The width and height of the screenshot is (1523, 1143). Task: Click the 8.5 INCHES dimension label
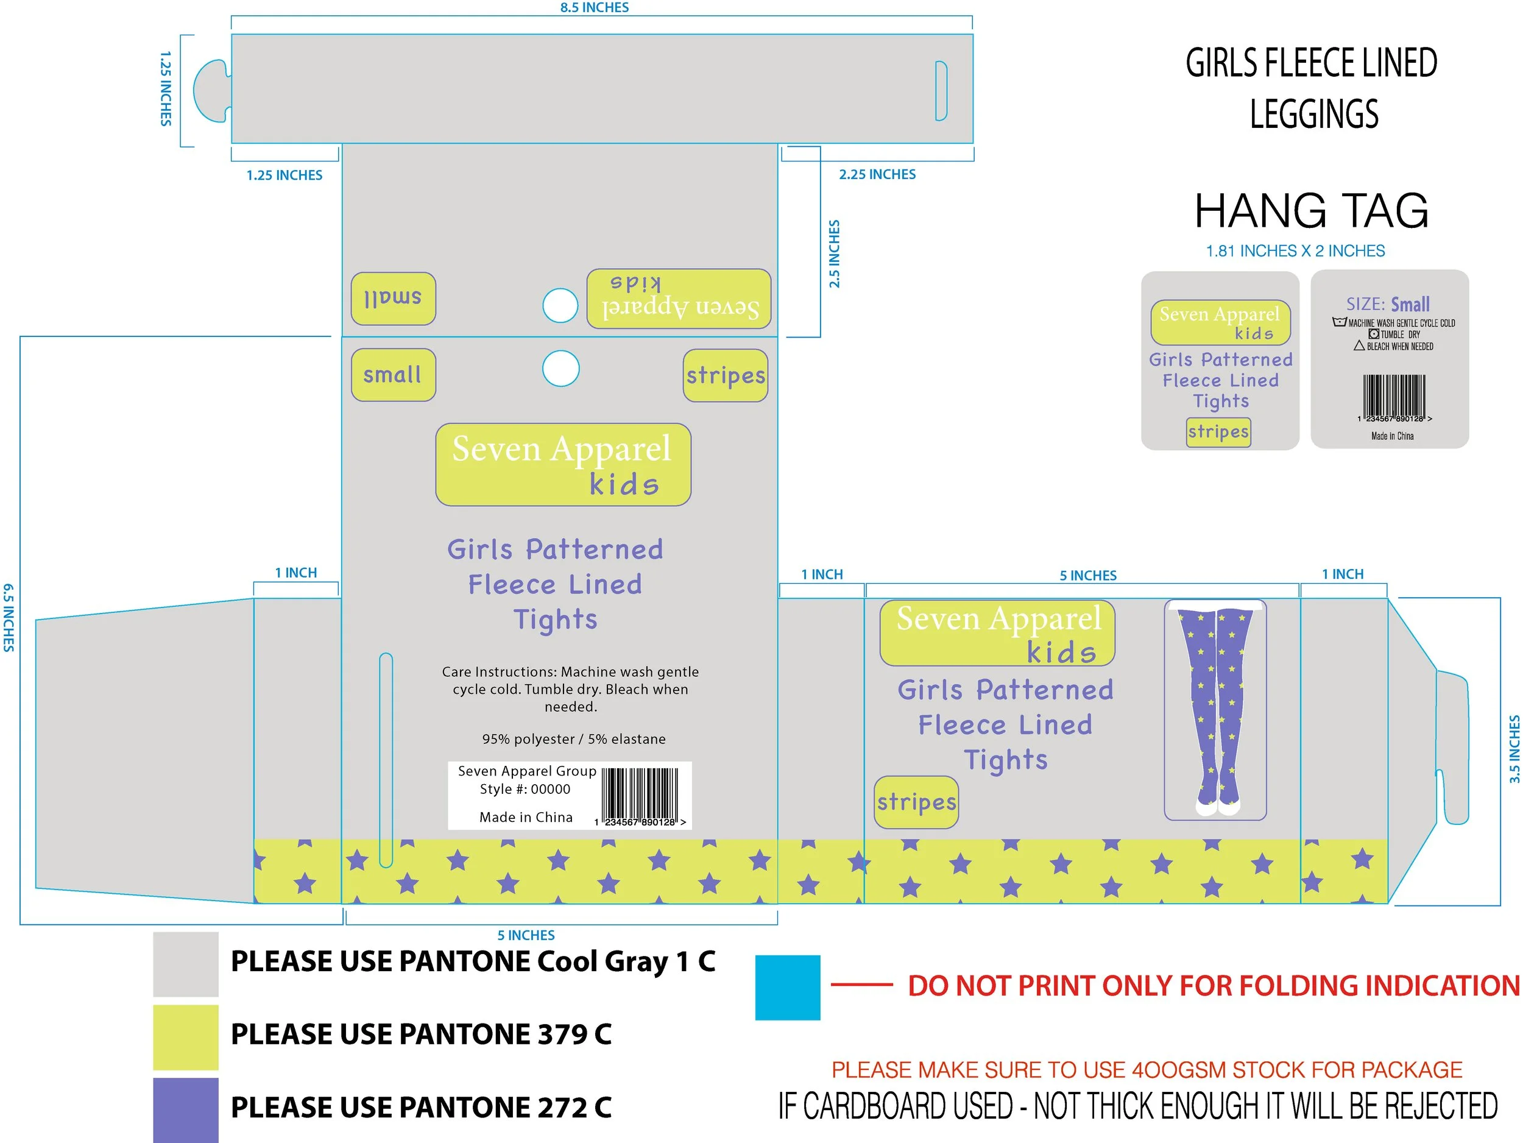click(594, 7)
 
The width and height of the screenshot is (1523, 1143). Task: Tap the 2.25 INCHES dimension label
click(877, 175)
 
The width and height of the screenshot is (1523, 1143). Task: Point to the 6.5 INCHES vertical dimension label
click(9, 618)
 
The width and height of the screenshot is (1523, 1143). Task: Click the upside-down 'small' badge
click(393, 299)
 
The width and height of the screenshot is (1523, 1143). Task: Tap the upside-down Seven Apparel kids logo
click(678, 298)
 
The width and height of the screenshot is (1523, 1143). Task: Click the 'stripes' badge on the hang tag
click(1218, 433)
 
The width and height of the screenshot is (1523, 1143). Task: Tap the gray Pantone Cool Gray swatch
click(185, 964)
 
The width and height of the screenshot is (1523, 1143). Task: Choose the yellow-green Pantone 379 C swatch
click(185, 1037)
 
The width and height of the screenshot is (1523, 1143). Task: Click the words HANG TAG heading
click(1311, 211)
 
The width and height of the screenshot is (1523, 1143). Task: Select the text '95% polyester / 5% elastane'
click(573, 740)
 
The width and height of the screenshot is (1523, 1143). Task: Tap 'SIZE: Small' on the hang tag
click(1388, 305)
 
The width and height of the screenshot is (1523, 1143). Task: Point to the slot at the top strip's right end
click(941, 91)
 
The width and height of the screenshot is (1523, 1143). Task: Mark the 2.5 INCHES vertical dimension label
click(835, 253)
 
